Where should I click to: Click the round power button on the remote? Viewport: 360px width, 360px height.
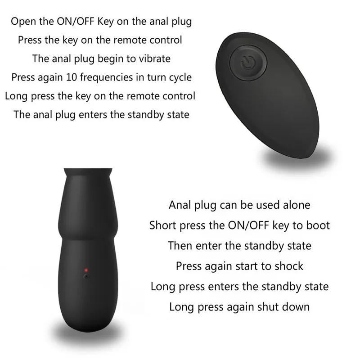click(248, 63)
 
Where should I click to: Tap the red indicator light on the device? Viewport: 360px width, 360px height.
click(86, 270)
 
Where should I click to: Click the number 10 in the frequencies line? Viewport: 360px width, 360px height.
click(72, 77)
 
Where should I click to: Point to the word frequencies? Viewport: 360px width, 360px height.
click(106, 77)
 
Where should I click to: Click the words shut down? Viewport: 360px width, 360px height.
click(283, 307)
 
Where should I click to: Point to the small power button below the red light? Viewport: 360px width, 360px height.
click(86, 277)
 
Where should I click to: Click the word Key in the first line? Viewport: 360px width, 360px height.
click(106, 22)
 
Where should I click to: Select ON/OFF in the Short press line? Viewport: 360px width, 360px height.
click(248, 225)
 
